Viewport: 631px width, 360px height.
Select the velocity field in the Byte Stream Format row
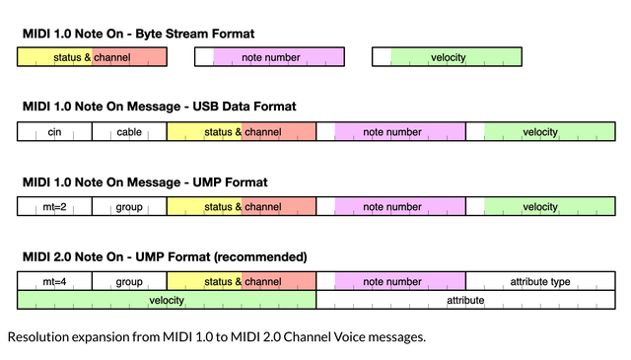point(447,57)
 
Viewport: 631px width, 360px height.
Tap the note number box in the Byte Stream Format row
point(270,57)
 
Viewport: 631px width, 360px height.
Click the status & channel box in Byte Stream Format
point(92,57)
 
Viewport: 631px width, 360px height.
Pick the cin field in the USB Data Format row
point(54,132)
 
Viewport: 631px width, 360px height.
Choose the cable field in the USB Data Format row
point(129,132)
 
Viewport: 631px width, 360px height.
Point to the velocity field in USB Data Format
point(540,132)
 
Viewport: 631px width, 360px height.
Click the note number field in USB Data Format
point(391,132)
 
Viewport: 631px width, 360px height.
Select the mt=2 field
point(54,207)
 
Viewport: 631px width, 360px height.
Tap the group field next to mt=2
point(129,207)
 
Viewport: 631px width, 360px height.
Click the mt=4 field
point(54,282)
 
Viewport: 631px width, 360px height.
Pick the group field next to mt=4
point(129,282)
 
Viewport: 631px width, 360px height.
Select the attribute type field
point(540,282)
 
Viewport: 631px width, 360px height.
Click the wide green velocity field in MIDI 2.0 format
point(167,300)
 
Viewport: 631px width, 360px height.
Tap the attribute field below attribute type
point(465,300)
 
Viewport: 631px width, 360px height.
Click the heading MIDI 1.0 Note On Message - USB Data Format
point(159,107)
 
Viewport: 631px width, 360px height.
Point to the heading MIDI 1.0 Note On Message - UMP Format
point(145,181)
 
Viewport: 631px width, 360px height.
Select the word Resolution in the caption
point(38,337)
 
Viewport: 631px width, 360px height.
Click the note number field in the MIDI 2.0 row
point(391,282)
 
